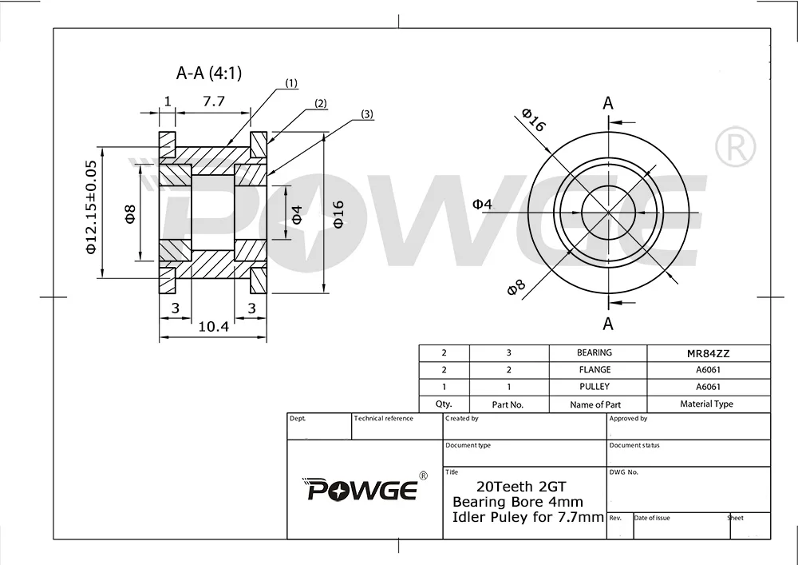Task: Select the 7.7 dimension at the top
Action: point(214,101)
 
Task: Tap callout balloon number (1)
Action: point(291,83)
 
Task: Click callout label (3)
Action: point(366,114)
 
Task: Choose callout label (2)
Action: point(321,103)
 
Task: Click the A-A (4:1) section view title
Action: point(209,74)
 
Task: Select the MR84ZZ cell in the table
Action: point(708,352)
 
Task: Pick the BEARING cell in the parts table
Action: point(595,352)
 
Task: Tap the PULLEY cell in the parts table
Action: point(595,387)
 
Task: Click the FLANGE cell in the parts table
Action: point(595,370)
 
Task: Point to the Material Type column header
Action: point(706,404)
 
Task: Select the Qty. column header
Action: point(444,404)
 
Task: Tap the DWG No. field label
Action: point(624,472)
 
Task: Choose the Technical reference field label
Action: point(384,419)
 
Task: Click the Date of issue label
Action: point(652,518)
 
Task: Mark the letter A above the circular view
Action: point(608,103)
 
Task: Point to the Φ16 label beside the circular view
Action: point(533,120)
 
